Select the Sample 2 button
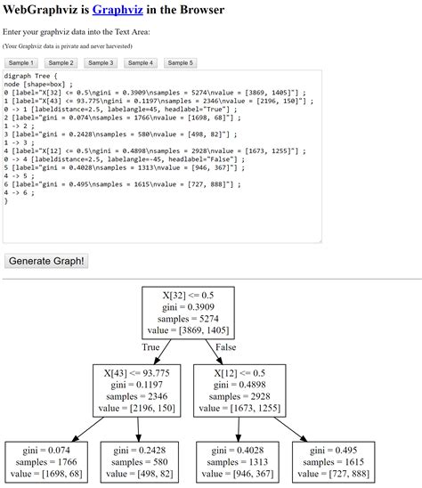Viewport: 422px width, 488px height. click(x=61, y=63)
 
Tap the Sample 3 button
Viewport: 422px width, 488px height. click(x=101, y=63)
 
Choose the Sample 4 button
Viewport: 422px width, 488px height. click(x=140, y=63)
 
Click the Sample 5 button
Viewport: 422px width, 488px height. click(x=181, y=63)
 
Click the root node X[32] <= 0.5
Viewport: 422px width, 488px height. click(x=189, y=312)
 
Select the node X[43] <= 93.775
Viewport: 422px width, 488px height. click(x=137, y=389)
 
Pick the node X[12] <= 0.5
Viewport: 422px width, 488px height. click(x=239, y=389)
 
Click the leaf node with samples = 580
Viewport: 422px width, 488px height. click(x=135, y=463)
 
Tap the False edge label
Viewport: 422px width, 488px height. click(x=225, y=346)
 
